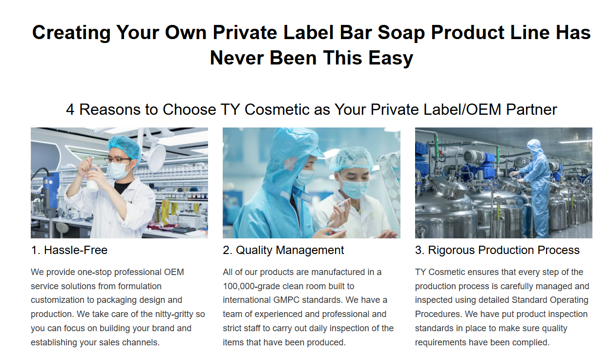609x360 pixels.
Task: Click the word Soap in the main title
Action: pos(401,33)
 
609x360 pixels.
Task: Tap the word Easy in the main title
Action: pos(391,58)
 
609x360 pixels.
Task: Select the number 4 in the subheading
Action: pos(70,109)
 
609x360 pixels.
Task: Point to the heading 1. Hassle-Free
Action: pos(69,250)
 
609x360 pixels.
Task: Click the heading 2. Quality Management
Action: pos(283,250)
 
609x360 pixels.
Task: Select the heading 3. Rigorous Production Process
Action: pos(497,250)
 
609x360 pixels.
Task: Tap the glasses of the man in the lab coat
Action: pos(118,160)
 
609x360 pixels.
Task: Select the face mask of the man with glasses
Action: pos(120,170)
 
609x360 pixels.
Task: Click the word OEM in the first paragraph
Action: pos(174,272)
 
